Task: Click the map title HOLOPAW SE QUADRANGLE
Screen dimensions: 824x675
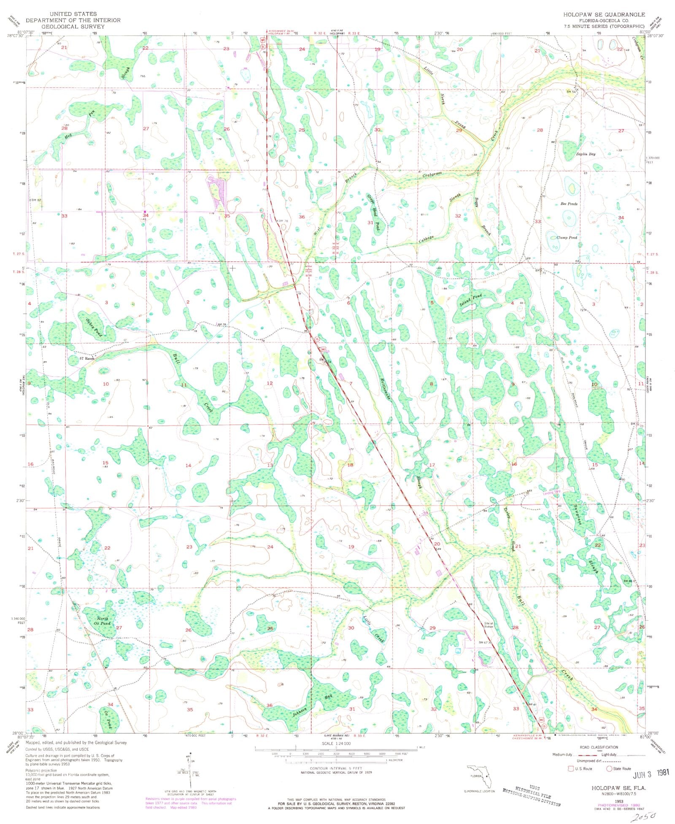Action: pos(604,14)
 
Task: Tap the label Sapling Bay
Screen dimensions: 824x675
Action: pos(586,154)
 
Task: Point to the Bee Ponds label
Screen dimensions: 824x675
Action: pos(569,204)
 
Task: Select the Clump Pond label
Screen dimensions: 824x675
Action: pos(566,237)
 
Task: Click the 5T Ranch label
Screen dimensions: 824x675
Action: pos(87,358)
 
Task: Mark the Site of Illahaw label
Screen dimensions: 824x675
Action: pos(489,625)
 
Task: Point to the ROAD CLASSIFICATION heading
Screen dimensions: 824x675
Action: pos(599,747)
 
